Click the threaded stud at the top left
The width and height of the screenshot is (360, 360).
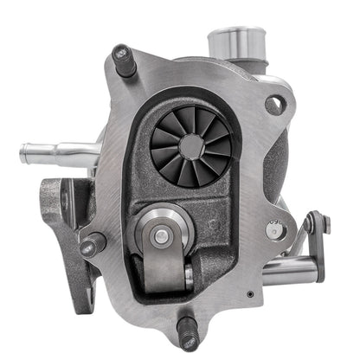123,61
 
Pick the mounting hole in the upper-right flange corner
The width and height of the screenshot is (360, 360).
274,105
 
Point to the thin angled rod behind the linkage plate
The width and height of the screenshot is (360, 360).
299,247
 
